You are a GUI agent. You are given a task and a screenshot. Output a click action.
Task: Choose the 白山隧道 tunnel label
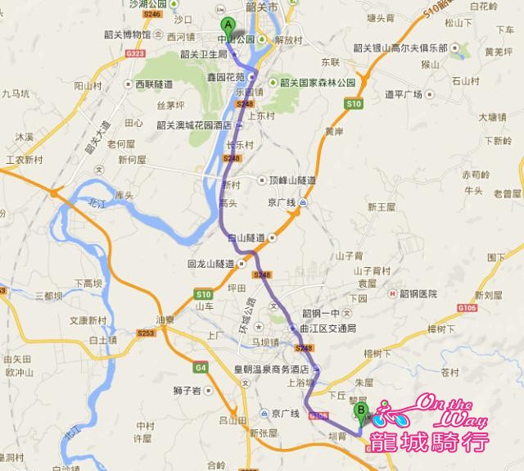click(250, 238)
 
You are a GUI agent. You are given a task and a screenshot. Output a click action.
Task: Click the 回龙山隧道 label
click(211, 264)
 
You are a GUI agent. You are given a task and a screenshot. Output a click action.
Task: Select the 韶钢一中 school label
click(322, 312)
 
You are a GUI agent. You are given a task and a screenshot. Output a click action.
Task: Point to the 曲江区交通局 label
click(329, 328)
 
